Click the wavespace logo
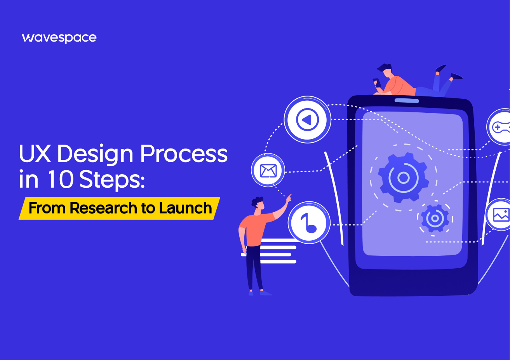click(59, 38)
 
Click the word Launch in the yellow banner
click(185, 208)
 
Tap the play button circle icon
click(307, 119)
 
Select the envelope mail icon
click(268, 170)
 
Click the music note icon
click(309, 223)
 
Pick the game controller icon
click(500, 127)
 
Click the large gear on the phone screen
click(403, 178)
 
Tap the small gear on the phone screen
click(435, 218)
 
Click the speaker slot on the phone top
click(407, 101)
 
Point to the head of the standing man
click(258, 203)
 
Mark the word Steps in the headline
click(111, 179)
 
